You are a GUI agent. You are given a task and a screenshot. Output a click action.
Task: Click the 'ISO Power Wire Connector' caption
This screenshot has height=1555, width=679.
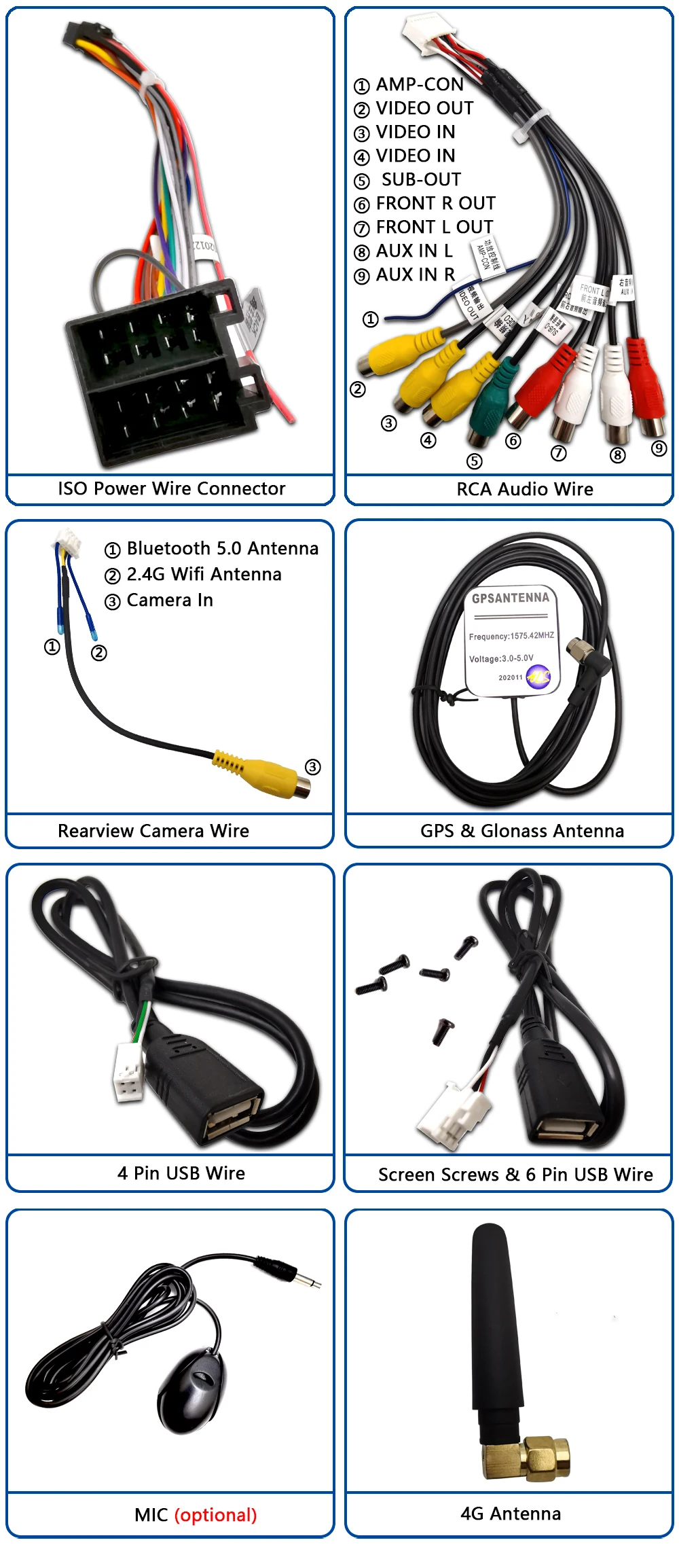(x=171, y=488)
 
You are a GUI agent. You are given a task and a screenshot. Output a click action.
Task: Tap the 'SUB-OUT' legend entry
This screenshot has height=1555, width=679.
(x=421, y=179)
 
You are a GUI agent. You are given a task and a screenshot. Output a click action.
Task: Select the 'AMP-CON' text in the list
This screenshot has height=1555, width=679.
(x=420, y=84)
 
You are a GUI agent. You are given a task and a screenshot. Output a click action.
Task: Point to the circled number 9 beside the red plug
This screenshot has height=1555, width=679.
(x=659, y=448)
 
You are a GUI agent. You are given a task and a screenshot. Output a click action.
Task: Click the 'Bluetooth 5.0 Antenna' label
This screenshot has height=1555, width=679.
(x=222, y=548)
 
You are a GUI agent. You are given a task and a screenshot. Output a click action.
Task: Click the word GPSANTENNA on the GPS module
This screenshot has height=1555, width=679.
(x=510, y=598)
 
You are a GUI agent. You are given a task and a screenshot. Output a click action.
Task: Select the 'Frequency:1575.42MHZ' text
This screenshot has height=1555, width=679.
(x=511, y=636)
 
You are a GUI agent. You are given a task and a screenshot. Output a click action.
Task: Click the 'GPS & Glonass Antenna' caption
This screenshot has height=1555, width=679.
(x=521, y=831)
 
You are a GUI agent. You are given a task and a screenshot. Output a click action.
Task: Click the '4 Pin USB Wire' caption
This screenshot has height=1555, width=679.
(x=181, y=1173)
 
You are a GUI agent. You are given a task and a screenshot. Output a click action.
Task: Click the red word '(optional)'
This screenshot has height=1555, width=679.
(x=215, y=1515)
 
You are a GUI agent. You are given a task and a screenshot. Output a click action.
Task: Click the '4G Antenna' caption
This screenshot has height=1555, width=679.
(x=511, y=1514)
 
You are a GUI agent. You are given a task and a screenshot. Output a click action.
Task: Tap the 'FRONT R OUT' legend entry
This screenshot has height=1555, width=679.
(x=435, y=203)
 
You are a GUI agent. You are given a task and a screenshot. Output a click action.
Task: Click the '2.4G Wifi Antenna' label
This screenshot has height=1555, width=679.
(x=204, y=574)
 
